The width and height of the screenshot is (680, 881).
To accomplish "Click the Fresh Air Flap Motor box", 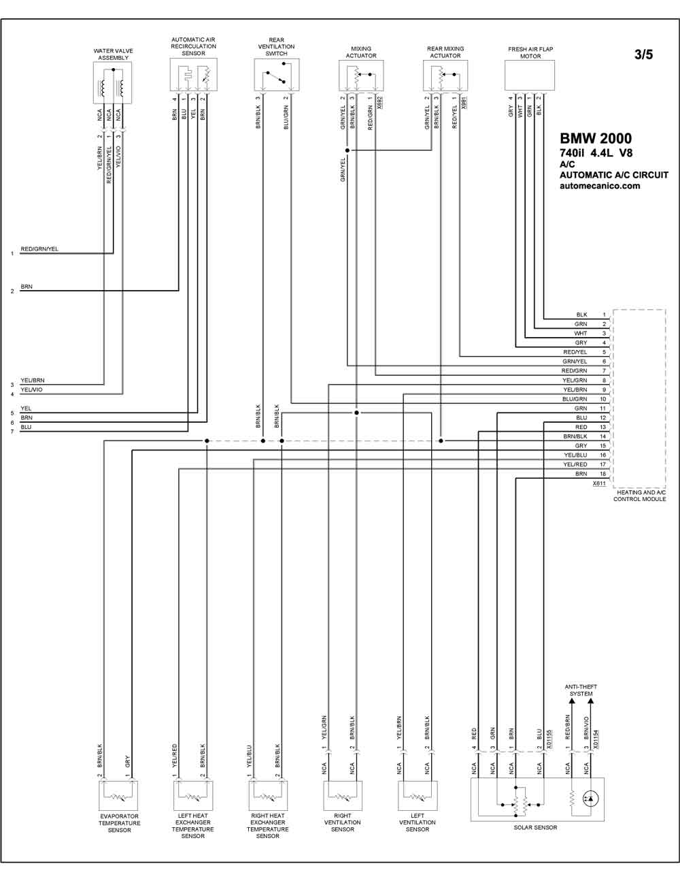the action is [x=530, y=76].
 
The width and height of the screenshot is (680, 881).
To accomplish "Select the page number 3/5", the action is [x=643, y=54].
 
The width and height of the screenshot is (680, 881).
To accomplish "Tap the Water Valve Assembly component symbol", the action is [x=112, y=82].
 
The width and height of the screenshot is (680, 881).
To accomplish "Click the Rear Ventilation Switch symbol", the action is [x=277, y=75].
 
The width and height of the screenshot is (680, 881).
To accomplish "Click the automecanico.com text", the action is [x=600, y=186].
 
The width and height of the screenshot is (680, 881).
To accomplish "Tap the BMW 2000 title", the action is [x=596, y=139].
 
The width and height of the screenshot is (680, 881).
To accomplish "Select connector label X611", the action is [x=599, y=483].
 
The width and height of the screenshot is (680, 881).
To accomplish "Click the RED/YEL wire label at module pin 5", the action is [x=575, y=352].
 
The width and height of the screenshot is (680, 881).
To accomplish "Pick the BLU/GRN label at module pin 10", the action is [x=575, y=399].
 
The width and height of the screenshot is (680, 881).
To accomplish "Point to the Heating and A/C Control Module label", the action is [x=639, y=496].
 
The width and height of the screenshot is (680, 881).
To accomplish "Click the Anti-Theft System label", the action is [x=581, y=690].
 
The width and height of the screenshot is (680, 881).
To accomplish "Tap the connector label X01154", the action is [x=596, y=739].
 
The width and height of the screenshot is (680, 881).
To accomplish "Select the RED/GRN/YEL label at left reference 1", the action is [x=39, y=249].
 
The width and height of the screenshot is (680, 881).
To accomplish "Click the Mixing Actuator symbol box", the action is [x=361, y=76].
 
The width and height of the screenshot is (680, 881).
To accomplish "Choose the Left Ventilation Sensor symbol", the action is [x=418, y=795].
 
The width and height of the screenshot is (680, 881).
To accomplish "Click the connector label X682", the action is [x=379, y=103].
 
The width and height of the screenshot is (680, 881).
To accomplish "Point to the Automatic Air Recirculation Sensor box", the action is [x=194, y=75].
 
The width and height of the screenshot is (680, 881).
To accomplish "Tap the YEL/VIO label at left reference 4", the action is [x=31, y=389].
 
